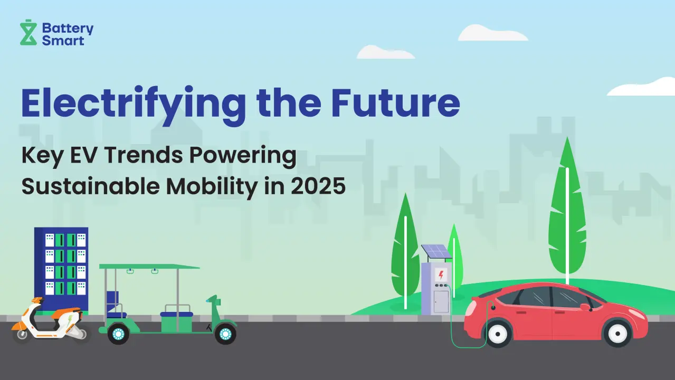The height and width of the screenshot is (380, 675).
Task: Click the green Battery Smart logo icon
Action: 28,32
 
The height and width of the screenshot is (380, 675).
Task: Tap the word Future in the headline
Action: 395,102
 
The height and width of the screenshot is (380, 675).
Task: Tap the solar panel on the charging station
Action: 436,251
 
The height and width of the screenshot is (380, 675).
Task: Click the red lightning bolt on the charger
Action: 441,275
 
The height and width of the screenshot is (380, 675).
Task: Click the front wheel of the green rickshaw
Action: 225,334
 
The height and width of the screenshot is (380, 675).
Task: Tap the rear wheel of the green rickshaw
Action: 118,334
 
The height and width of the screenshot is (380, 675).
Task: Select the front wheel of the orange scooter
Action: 22,334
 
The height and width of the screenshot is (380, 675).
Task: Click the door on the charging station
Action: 441,301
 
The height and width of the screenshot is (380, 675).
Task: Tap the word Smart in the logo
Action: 63,41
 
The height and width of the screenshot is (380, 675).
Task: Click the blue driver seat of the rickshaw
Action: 115,304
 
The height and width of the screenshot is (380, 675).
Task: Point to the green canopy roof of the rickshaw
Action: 149,267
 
